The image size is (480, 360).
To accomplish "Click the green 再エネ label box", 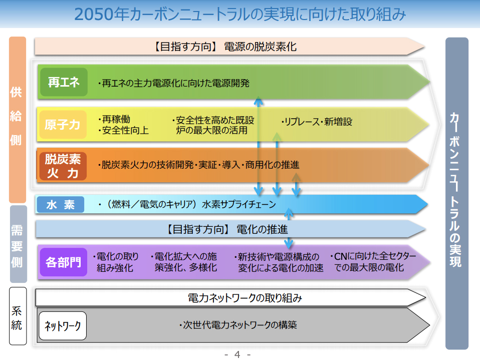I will click(64, 83).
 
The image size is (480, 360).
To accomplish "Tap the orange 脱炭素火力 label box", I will click(62, 166).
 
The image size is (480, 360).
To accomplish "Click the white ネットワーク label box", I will click(63, 326).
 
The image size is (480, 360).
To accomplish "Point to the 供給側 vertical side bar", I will click(17, 120).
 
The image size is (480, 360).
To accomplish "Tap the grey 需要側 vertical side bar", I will click(17, 244).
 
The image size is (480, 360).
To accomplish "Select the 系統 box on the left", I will click(17, 317).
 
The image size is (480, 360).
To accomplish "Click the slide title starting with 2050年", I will click(240, 14).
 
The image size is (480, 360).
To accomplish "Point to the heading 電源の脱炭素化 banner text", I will click(261, 47).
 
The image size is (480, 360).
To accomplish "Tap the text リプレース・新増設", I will click(317, 122).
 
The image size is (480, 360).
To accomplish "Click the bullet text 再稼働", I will click(115, 119).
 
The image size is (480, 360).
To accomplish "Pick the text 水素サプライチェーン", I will click(239, 204).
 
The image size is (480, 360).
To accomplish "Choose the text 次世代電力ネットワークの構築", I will click(238, 325).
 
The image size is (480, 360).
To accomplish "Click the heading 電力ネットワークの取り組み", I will click(245, 298).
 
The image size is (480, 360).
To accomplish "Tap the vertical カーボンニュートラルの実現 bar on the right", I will click(456, 193).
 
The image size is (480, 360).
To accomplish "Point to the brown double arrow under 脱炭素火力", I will click(296, 185).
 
